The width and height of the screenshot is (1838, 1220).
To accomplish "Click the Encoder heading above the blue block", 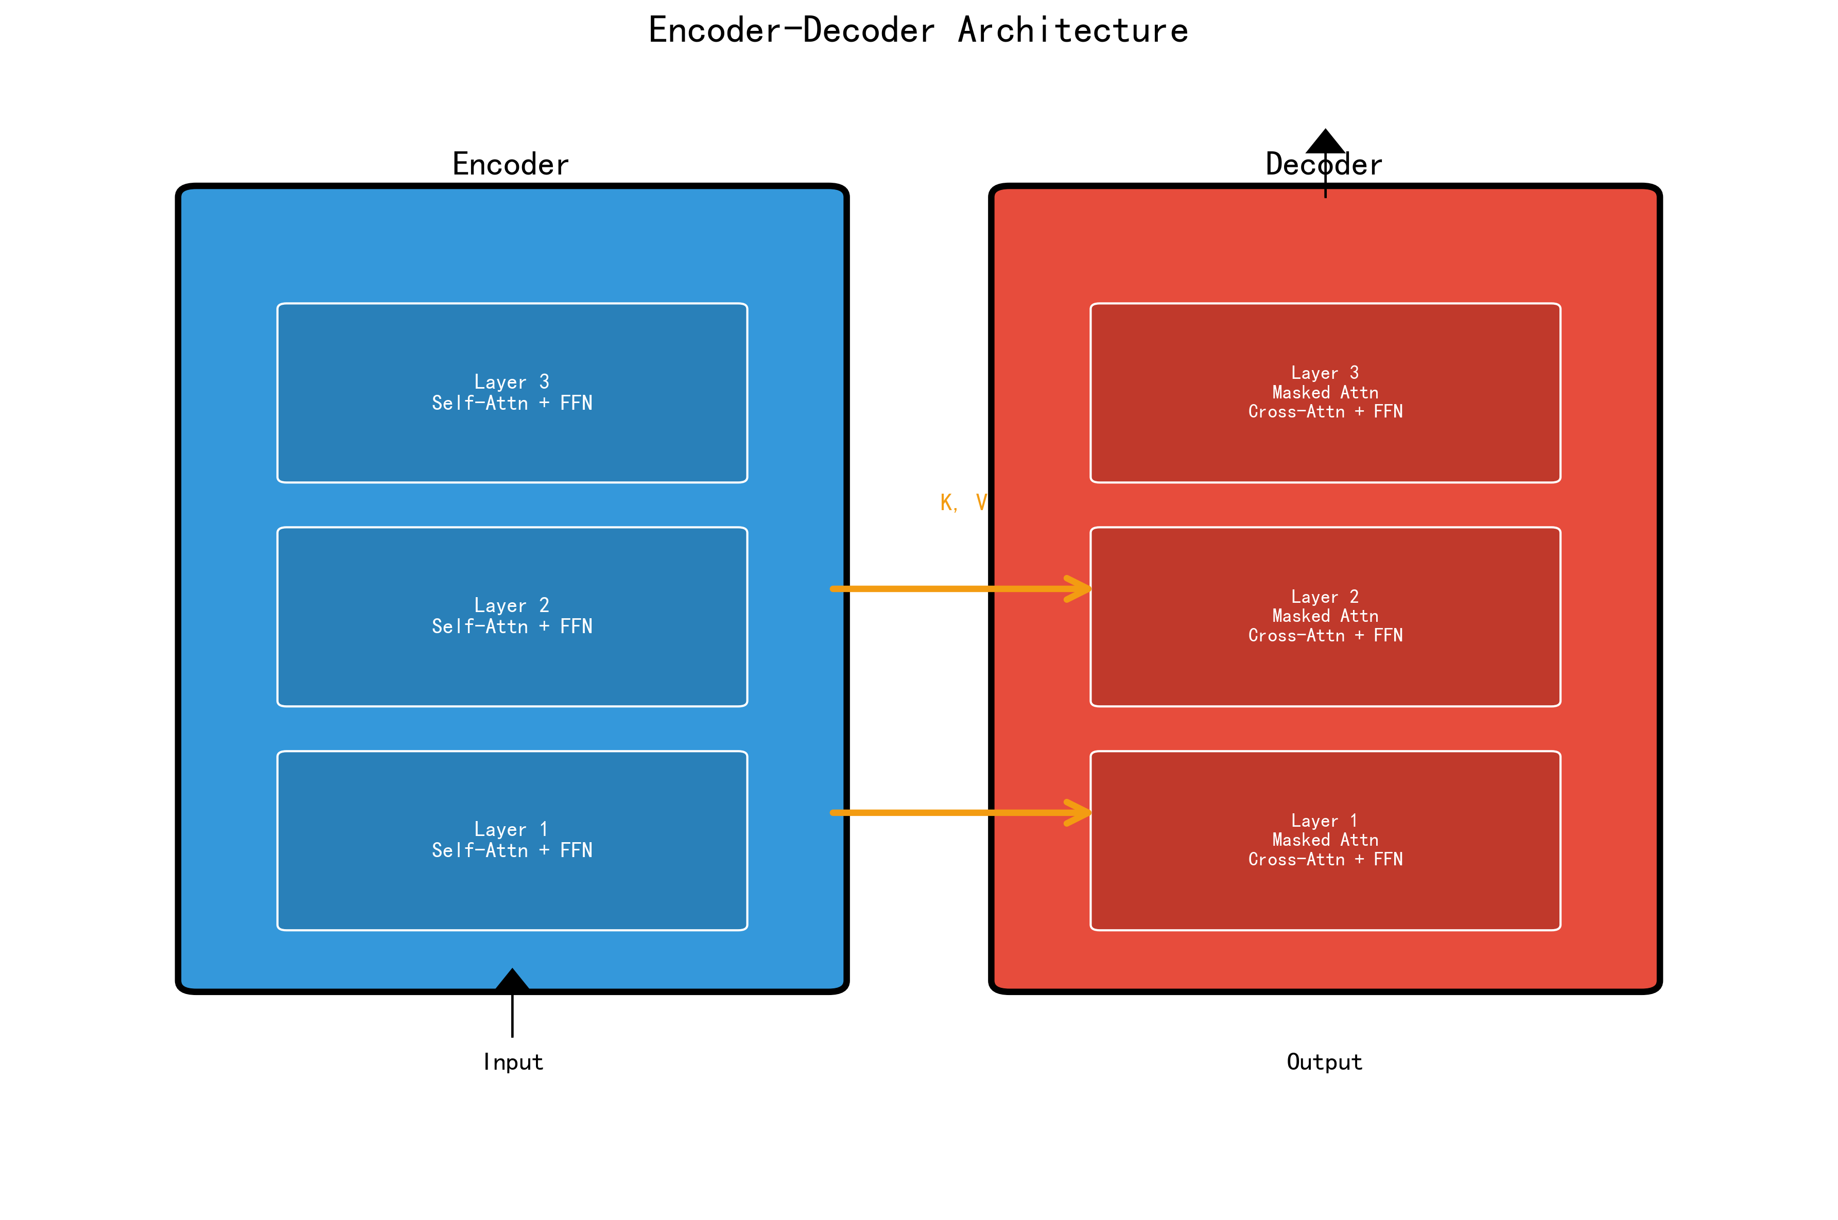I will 510,164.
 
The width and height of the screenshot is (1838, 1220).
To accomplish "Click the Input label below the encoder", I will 513,1062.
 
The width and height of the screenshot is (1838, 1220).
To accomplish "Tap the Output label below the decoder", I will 1324,1062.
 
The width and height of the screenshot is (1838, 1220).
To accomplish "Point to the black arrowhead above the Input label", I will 512,980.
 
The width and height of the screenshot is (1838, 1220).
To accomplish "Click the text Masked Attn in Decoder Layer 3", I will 1325,392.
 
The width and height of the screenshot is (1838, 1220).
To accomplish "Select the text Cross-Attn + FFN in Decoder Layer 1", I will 1325,859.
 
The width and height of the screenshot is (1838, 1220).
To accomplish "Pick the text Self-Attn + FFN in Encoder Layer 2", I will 512,626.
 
